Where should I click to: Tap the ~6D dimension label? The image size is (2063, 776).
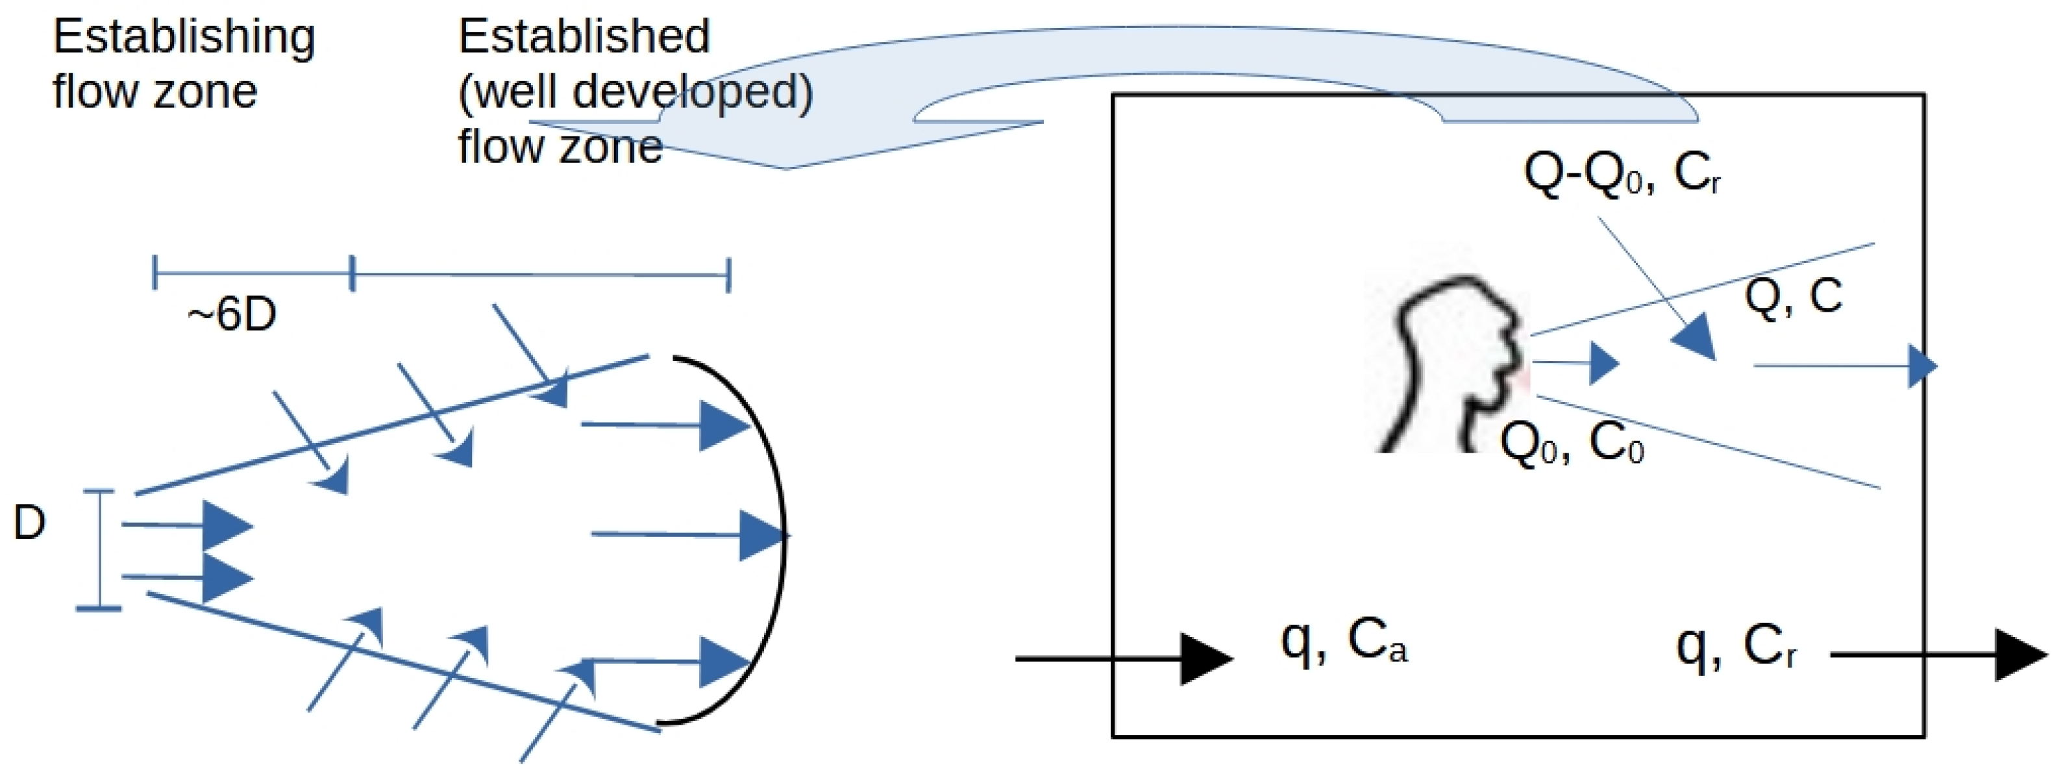point(232,314)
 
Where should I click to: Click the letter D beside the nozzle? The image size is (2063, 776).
point(30,523)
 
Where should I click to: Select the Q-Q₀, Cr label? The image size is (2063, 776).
point(1621,173)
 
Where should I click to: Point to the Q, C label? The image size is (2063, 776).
point(1792,296)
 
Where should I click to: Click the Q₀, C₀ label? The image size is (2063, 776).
point(1572,443)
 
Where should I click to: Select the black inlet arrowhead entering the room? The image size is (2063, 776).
point(1205,659)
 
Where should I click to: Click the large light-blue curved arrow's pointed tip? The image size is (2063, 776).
point(785,167)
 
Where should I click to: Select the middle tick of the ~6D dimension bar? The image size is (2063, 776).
point(352,274)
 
